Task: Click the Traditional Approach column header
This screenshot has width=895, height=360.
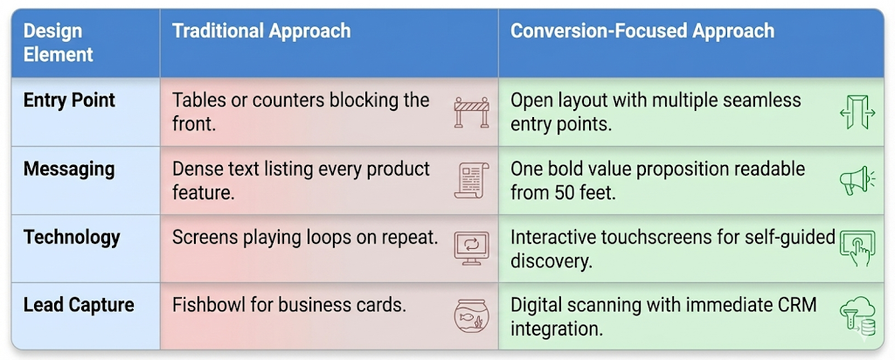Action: (x=261, y=31)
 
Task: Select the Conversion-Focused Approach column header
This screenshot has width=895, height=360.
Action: (x=642, y=31)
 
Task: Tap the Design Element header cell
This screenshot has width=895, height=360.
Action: (x=58, y=43)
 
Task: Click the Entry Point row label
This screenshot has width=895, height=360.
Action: (x=69, y=100)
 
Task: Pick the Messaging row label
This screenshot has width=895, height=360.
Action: (x=69, y=169)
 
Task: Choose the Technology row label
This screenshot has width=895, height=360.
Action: (x=72, y=237)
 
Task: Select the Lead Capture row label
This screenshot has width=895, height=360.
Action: (x=79, y=305)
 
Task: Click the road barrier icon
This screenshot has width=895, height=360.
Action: (x=472, y=112)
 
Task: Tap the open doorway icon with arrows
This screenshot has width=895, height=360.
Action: (x=857, y=113)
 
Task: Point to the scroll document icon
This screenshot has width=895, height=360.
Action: (x=472, y=180)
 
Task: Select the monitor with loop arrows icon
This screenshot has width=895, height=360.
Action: (x=472, y=247)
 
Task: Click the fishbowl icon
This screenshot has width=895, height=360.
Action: (x=472, y=315)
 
